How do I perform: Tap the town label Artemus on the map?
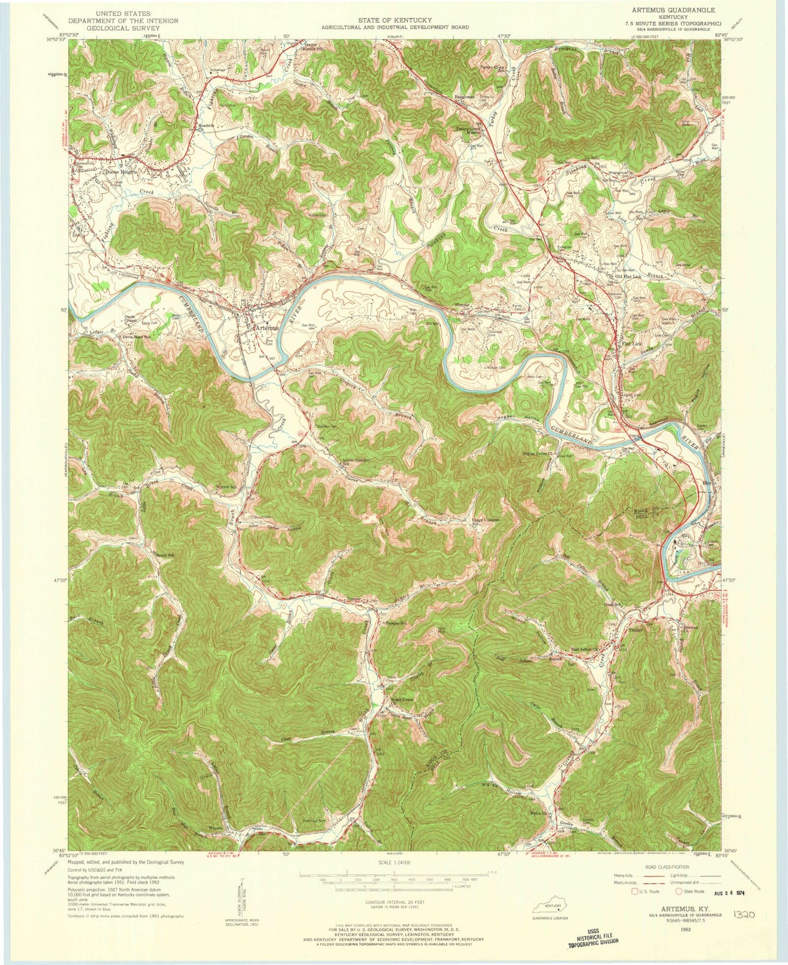266,328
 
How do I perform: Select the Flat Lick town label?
633,344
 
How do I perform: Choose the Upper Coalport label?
485,520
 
